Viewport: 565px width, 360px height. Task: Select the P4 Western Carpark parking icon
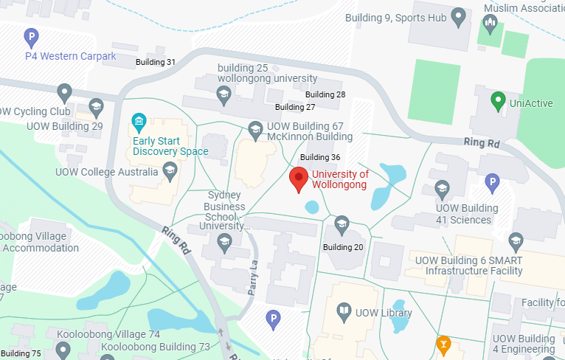pos(30,35)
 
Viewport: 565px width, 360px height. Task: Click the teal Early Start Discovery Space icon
pos(138,121)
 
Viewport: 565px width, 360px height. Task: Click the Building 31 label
pos(156,62)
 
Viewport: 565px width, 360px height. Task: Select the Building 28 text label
pos(325,94)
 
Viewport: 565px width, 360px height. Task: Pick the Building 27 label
pos(295,107)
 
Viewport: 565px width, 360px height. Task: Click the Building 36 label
pos(320,157)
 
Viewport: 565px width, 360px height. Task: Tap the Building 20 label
pos(343,247)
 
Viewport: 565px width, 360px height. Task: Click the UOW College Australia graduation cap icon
pos(170,172)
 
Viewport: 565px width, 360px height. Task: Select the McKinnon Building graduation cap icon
pos(255,128)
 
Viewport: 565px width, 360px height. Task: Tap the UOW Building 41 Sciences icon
pos(442,188)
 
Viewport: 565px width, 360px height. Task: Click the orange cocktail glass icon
pos(443,343)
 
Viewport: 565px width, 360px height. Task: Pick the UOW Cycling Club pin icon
pos(64,93)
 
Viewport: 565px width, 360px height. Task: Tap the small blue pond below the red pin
pos(312,207)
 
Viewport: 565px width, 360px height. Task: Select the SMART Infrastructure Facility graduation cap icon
pos(516,240)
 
